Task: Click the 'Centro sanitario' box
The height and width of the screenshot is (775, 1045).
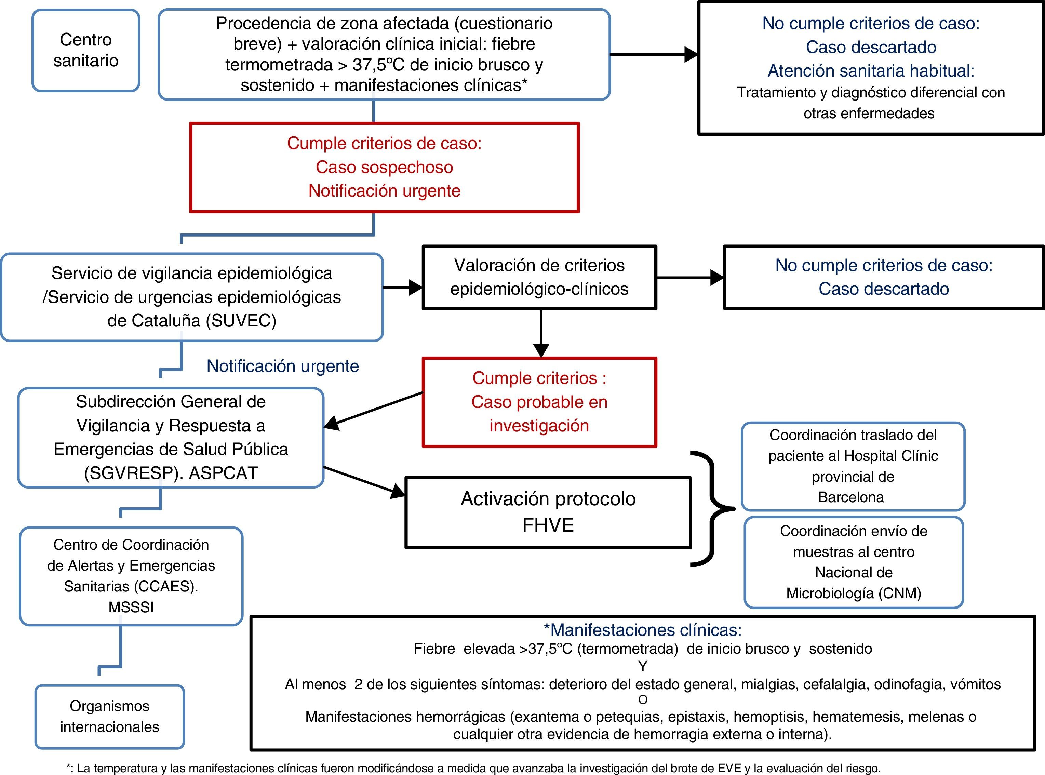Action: click(86, 50)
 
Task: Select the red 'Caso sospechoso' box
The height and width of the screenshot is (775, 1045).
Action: click(384, 168)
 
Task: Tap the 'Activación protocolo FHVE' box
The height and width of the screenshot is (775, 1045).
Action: click(548, 512)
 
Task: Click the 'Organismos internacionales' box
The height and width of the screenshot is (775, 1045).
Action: click(110, 716)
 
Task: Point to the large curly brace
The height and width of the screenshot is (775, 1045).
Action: click(711, 509)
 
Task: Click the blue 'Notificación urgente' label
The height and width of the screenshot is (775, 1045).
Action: click(282, 366)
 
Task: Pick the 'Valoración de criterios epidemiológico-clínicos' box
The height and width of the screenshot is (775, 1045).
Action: click(539, 277)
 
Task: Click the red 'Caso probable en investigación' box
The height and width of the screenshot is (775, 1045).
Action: click(539, 402)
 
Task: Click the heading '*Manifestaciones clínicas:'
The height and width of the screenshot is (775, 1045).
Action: click(643, 630)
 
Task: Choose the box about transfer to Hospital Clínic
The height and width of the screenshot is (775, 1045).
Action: click(853, 466)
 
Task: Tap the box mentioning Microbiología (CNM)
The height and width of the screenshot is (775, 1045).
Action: click(854, 562)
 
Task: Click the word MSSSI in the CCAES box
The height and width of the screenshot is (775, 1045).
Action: click(131, 607)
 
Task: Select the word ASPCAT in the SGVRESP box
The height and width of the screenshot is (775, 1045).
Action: click(223, 473)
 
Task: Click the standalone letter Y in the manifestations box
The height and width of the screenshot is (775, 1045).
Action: click(643, 666)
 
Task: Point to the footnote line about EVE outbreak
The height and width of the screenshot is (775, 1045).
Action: click(474, 768)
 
